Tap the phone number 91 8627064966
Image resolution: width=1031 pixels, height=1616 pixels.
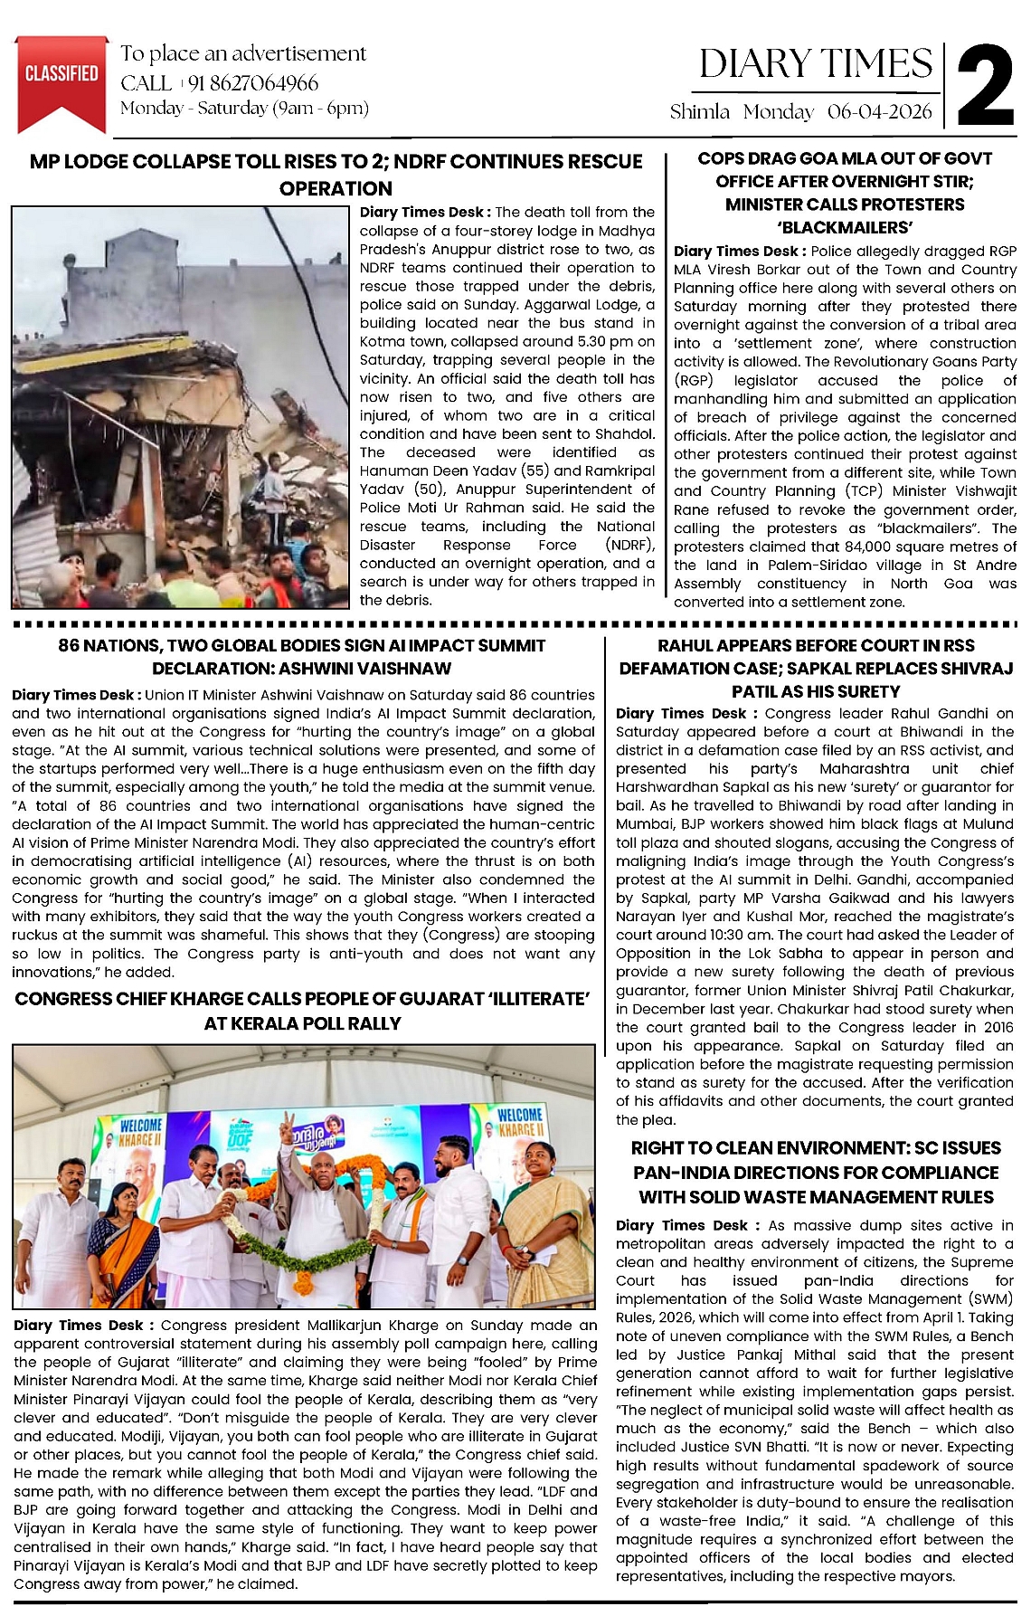[x=253, y=83]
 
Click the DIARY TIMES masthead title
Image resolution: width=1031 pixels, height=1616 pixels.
[x=815, y=63]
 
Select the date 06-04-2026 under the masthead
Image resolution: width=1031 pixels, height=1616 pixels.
[x=879, y=111]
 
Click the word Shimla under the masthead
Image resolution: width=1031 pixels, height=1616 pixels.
[x=699, y=111]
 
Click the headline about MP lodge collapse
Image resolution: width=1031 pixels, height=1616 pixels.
[x=336, y=175]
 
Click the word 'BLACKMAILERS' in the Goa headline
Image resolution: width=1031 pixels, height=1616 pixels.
[x=845, y=227]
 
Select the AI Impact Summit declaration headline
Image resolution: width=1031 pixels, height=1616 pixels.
[x=302, y=657]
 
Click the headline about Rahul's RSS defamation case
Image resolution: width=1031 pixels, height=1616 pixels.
[x=816, y=668]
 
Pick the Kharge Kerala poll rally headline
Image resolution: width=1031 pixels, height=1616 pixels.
[x=302, y=1011]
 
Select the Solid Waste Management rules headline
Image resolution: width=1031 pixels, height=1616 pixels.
[x=816, y=1172]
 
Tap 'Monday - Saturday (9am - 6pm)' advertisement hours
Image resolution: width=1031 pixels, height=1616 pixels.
[x=244, y=109]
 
